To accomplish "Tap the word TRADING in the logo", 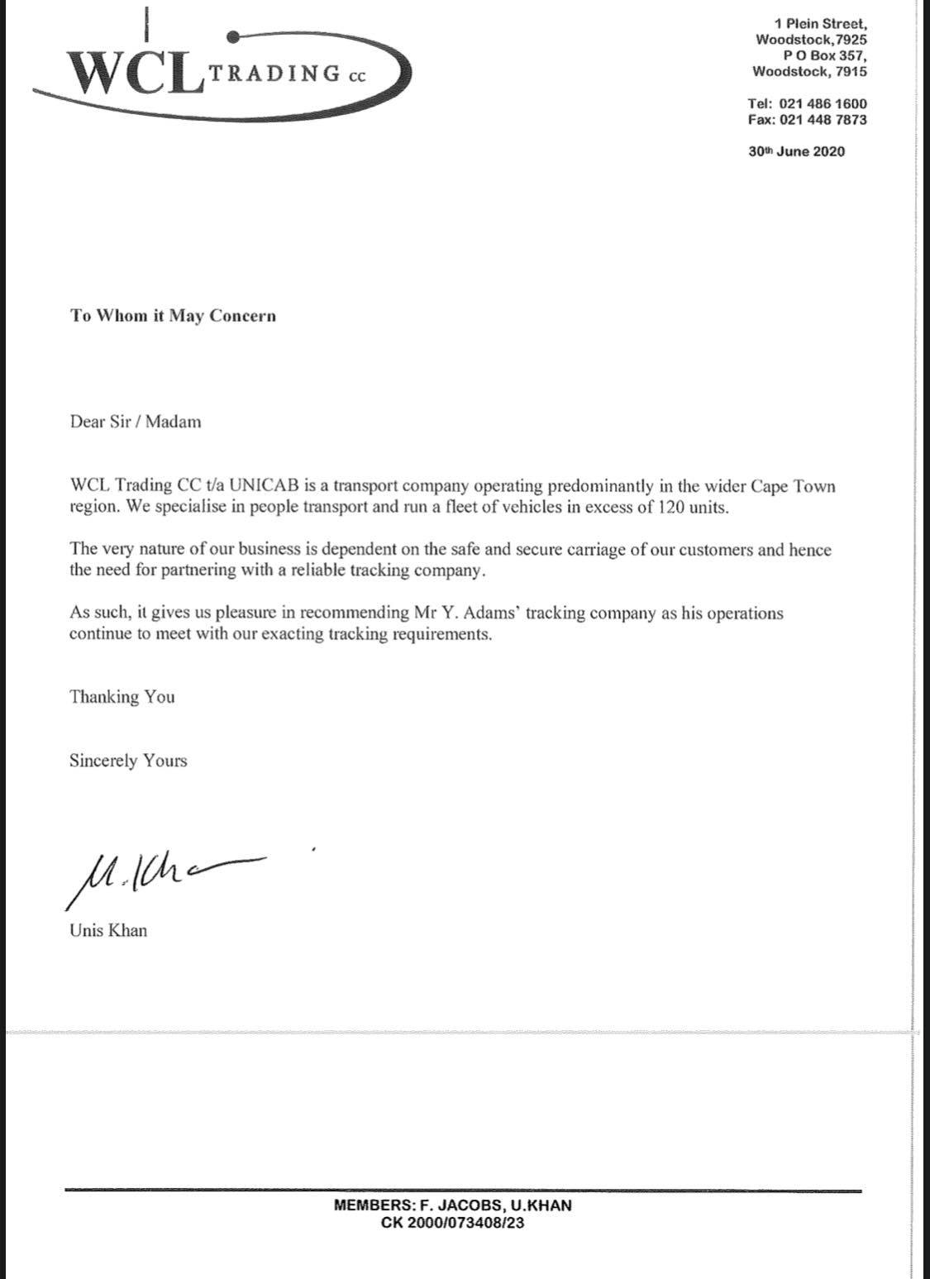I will [275, 74].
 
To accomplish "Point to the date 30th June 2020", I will [797, 151].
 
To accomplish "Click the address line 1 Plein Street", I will [821, 24].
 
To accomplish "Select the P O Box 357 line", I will [825, 55].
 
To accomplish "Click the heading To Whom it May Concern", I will [173, 316].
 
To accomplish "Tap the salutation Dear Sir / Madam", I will [135, 422].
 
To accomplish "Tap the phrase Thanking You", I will [122, 697].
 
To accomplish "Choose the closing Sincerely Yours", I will [128, 761].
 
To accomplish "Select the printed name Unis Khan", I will [108, 931].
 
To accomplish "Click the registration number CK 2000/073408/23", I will [452, 1223].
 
